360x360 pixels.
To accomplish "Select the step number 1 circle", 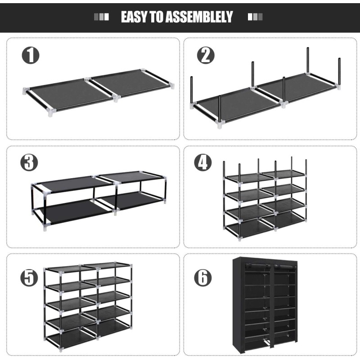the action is point(31,55).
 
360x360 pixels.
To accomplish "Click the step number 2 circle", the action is point(206,55).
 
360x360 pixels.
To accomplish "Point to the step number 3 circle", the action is point(29,162).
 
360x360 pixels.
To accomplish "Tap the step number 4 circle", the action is point(203,162).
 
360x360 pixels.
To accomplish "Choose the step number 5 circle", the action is point(29,278).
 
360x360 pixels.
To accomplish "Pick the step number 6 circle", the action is point(203,278).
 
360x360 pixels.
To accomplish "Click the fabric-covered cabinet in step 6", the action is point(265,306).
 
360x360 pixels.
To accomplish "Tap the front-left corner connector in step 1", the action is point(52,113).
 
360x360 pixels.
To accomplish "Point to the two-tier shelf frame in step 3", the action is point(99,200).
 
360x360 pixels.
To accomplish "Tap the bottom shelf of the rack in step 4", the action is point(265,227).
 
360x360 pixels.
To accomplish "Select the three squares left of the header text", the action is point(101,17).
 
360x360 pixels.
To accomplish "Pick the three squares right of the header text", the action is point(255,17).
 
